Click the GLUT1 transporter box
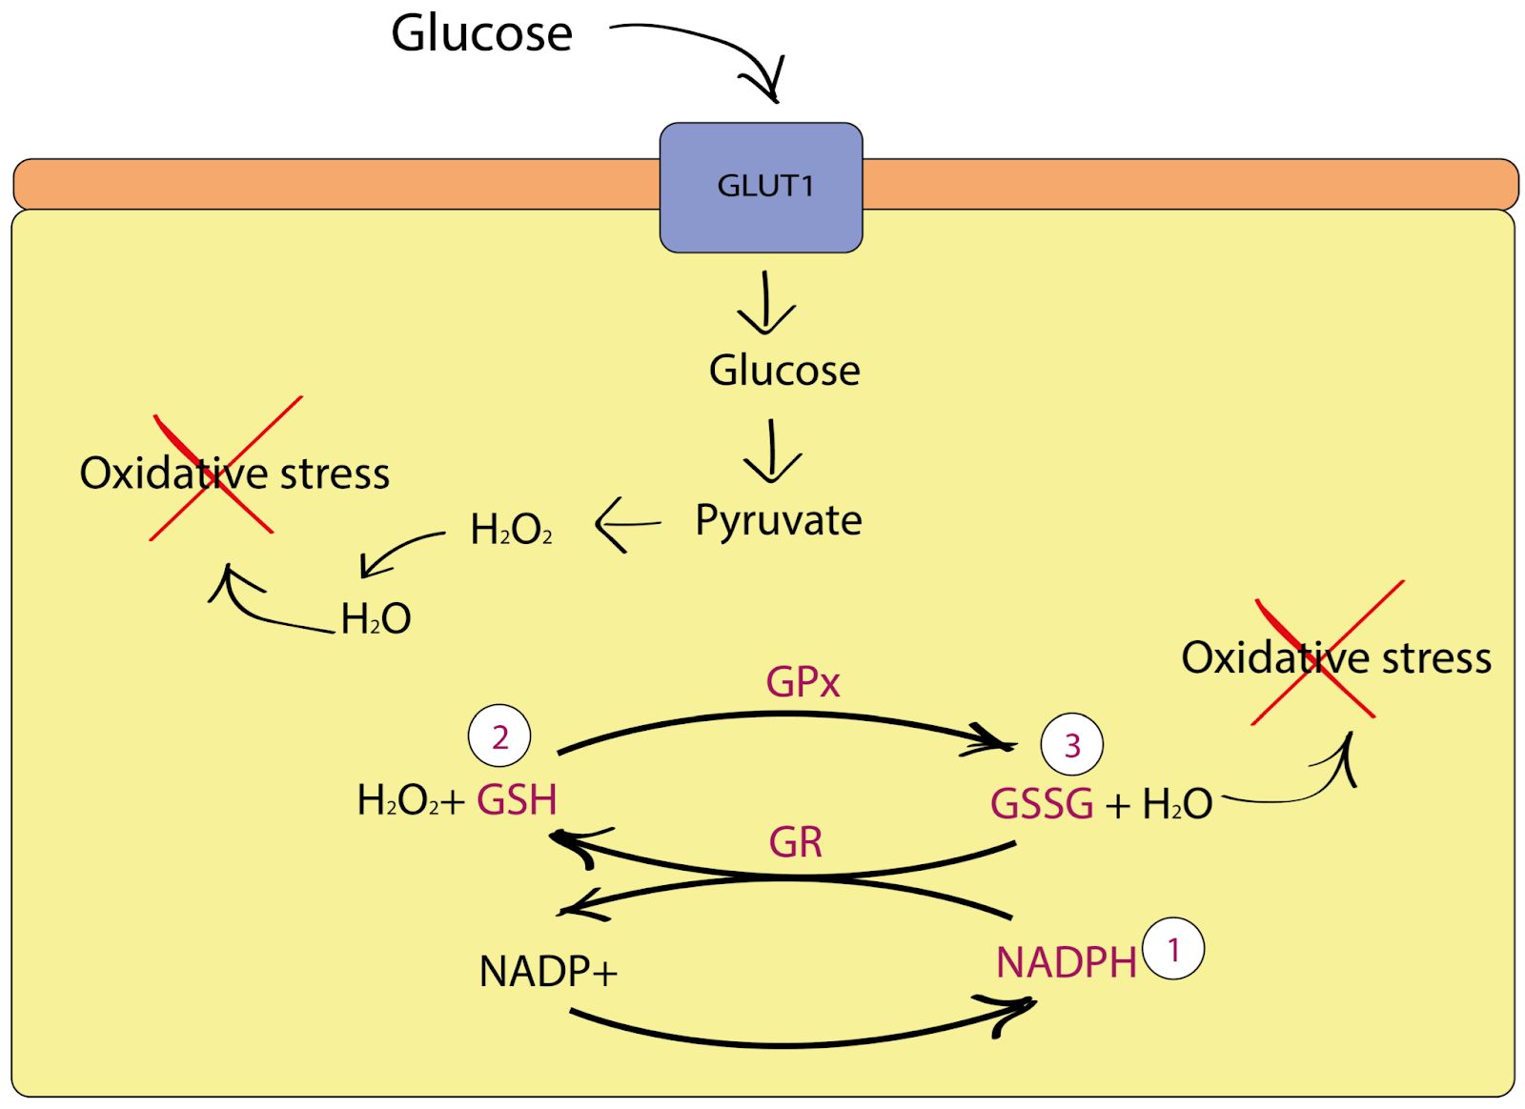pyautogui.click(x=761, y=187)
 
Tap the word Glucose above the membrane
pyautogui.click(x=481, y=34)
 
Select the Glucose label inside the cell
pyautogui.click(x=783, y=371)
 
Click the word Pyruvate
pyautogui.click(x=778, y=521)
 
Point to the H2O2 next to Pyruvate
pyautogui.click(x=511, y=530)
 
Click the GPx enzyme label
pyautogui.click(x=803, y=682)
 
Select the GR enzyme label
pyautogui.click(x=795, y=842)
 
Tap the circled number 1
pyautogui.click(x=1173, y=949)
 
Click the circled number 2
pyautogui.click(x=499, y=736)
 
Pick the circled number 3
pyautogui.click(x=1071, y=744)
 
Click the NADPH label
pyautogui.click(x=1066, y=963)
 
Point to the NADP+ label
pyautogui.click(x=548, y=972)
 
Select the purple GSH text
pyautogui.click(x=517, y=800)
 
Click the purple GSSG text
pyautogui.click(x=1042, y=804)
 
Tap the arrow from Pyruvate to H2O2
pyautogui.click(x=627, y=524)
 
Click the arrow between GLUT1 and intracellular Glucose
pyautogui.click(x=765, y=303)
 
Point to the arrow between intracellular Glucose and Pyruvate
pyautogui.click(x=772, y=452)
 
